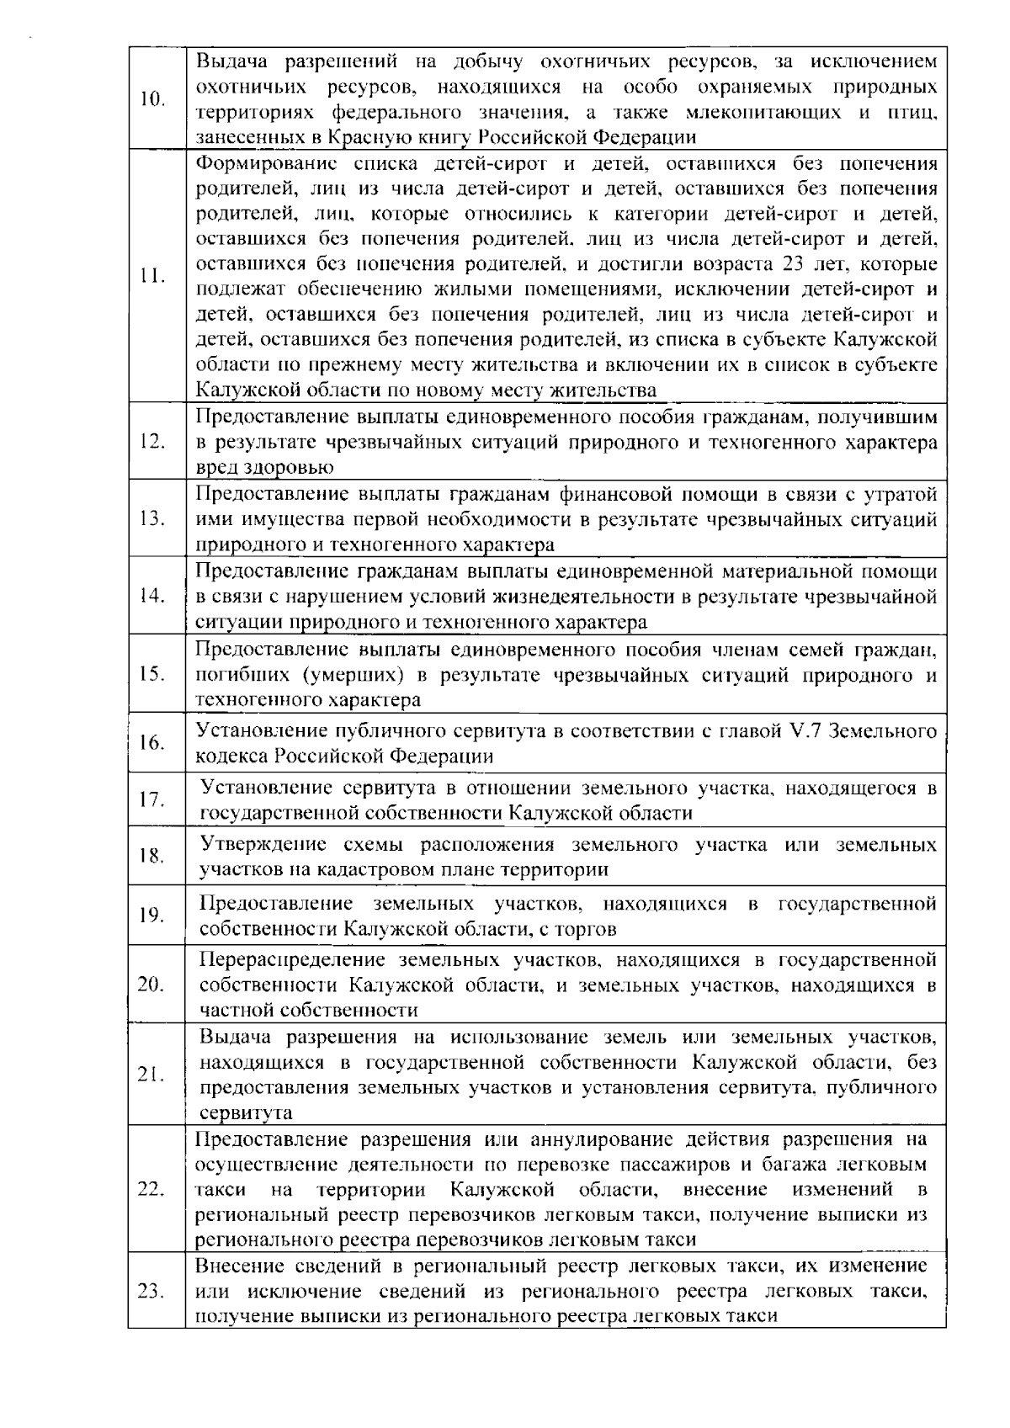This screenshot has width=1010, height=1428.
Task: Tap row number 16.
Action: pos(151,744)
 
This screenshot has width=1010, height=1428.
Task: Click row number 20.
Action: pos(151,985)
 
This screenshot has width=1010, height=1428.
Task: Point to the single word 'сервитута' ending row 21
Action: pos(245,1113)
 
